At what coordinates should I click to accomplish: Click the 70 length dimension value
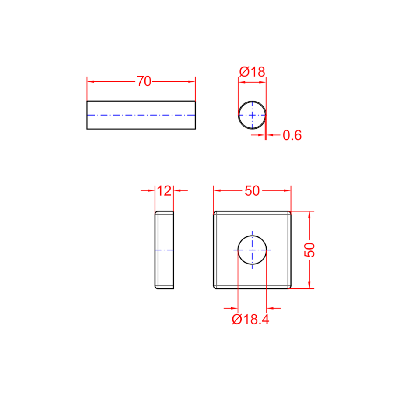coord(144,81)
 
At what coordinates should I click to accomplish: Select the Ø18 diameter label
coord(252,72)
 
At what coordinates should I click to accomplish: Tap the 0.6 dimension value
coord(292,135)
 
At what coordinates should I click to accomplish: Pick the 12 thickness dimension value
coord(164,191)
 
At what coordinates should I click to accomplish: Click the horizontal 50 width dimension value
coord(252,191)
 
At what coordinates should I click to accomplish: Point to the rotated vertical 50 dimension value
coord(310,250)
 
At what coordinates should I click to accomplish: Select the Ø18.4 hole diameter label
coord(250,320)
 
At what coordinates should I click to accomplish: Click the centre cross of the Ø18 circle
coord(252,115)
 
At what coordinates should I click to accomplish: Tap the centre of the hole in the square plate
coord(252,250)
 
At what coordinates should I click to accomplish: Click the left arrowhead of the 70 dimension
coord(90,82)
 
